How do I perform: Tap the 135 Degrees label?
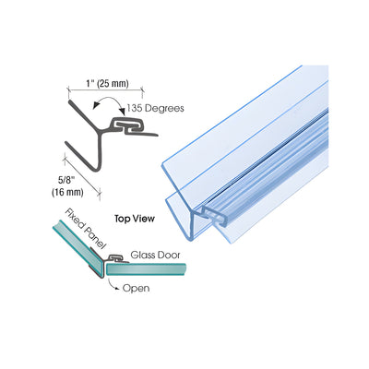click(156, 108)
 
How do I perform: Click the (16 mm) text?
click(67, 193)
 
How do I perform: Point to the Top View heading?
click(135, 219)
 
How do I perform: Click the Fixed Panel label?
click(85, 229)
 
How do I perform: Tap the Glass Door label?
click(156, 255)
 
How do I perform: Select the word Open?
click(137, 289)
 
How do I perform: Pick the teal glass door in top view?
click(146, 269)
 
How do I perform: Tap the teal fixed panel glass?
click(78, 247)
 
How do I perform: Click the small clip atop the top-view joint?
click(116, 257)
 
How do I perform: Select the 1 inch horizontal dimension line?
click(105, 90)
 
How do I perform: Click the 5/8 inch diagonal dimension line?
click(82, 176)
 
